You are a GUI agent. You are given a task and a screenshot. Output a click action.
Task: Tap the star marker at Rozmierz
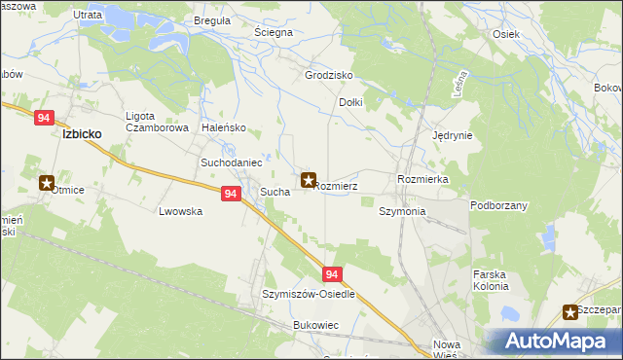tap(309, 180)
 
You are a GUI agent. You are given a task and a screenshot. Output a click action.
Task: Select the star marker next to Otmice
tap(47, 182)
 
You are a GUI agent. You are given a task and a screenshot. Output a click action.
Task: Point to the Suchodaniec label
tap(231, 162)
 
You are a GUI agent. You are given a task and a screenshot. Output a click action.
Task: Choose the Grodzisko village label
tap(328, 75)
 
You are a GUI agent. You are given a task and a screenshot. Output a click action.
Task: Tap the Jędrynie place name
tap(452, 136)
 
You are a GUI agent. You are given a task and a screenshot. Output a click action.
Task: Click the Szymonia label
tap(402, 211)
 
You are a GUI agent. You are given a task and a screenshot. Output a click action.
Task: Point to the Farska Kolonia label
tap(491, 280)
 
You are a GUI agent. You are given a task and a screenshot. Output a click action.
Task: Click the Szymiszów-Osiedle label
tap(309, 294)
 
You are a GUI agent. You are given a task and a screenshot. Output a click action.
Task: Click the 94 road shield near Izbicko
tap(43, 118)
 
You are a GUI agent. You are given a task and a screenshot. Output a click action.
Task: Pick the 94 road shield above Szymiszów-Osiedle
tap(333, 275)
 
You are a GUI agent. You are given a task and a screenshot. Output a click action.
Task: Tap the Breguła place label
tap(212, 20)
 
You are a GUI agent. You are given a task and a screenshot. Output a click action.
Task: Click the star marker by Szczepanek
tap(570, 311)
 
